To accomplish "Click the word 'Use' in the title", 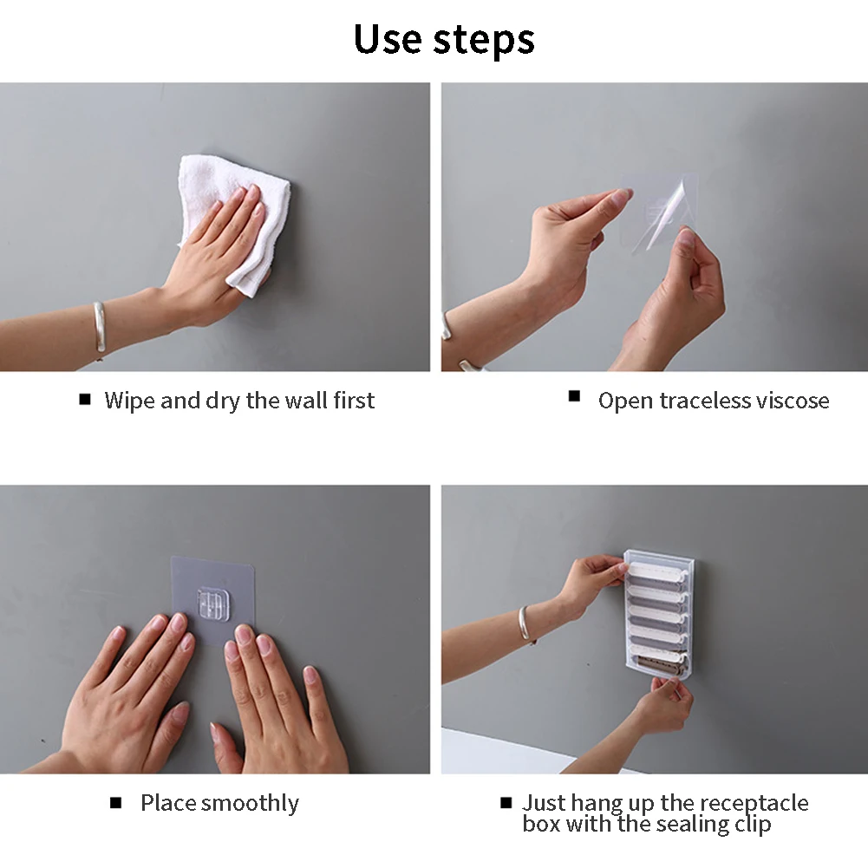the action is coord(388,39).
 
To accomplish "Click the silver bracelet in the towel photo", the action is coord(99,327).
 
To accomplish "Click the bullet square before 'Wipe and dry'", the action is coord(85,399).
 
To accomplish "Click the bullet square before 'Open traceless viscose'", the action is coord(574,395).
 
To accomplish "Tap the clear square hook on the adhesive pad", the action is coord(213,604).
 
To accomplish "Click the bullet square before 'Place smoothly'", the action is coord(115,803).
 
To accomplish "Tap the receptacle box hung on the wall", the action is coord(659,615).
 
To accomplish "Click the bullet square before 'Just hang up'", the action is coord(506,803).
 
